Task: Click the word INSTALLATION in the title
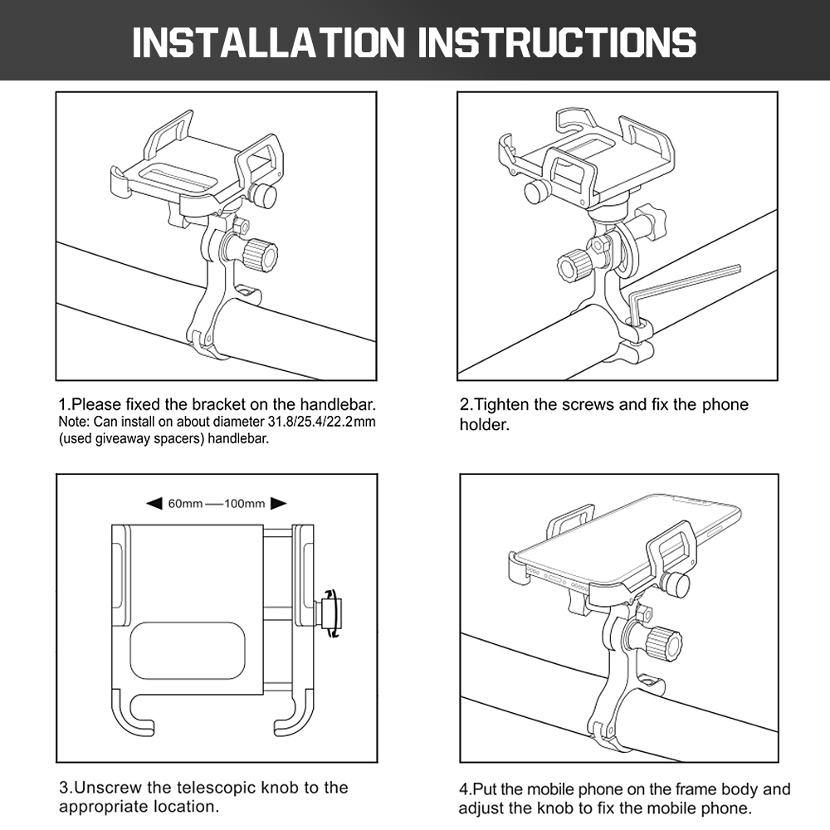[x=268, y=41]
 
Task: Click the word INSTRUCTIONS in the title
[x=558, y=41]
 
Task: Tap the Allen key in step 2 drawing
[x=683, y=291]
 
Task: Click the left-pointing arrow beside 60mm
[x=154, y=504]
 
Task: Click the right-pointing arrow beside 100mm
[x=278, y=504]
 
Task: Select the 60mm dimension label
[x=185, y=504]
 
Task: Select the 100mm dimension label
[x=245, y=504]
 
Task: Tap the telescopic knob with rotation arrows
[x=330, y=613]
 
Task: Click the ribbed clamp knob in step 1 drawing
[x=260, y=254]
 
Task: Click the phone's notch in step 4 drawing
[x=694, y=500]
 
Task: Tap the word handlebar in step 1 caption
[x=338, y=405]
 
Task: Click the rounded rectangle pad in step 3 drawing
[x=188, y=652]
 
